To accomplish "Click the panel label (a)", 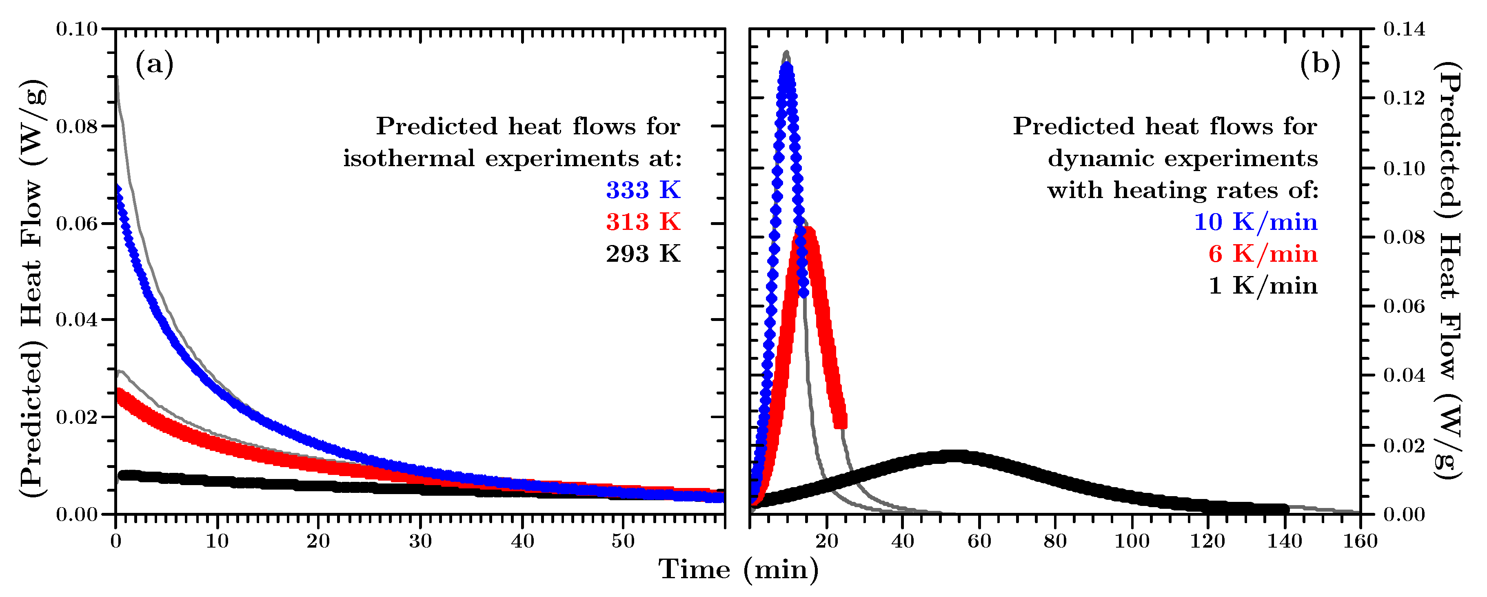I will pos(154,64).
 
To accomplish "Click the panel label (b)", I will pos(1320,64).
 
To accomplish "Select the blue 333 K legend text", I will pos(643,190).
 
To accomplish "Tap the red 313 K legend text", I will pos(643,222).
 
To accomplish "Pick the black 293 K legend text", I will pos(643,254).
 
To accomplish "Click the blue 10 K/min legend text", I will pos(1256,222).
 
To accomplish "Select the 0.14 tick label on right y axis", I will pos(1404,28).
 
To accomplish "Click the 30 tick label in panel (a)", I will pos(420,541).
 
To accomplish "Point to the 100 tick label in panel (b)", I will pos(1132,541).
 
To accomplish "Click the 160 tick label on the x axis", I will pos(1360,541).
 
